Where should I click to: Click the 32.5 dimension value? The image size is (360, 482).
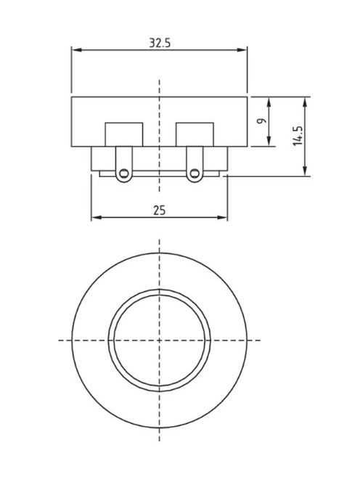(160, 43)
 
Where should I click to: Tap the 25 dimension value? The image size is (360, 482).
(160, 210)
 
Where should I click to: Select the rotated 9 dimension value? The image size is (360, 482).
(261, 120)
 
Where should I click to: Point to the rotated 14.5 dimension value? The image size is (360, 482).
(298, 136)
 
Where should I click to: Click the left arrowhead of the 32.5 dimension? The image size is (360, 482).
(75, 50)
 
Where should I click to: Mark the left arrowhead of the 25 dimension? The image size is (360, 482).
(95, 216)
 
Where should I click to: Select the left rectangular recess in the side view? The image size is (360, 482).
(125, 134)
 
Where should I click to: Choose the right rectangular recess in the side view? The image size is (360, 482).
(194, 134)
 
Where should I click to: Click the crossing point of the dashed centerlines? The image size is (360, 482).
(160, 340)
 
